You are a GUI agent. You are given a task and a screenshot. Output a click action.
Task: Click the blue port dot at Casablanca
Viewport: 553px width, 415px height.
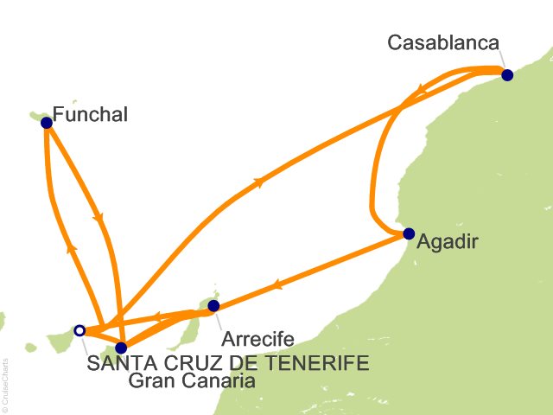tap(507, 75)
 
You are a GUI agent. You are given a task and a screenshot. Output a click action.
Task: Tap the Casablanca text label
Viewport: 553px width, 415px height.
tap(444, 42)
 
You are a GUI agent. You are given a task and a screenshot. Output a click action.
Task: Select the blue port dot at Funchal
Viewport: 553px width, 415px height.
tap(47, 123)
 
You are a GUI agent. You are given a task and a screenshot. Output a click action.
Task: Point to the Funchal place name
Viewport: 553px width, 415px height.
tap(90, 113)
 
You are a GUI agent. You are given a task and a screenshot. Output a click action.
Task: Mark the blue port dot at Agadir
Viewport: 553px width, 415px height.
tap(409, 233)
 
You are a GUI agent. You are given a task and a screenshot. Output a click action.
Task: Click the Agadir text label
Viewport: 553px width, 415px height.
tap(446, 245)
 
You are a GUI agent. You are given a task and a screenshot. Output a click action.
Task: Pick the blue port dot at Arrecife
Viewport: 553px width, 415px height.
tap(214, 305)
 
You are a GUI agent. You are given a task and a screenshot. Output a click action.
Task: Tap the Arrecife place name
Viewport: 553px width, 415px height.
tap(258, 338)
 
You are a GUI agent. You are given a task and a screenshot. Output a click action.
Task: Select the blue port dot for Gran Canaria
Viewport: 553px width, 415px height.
tap(120, 348)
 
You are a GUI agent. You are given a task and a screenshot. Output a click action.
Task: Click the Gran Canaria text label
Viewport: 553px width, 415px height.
tap(191, 380)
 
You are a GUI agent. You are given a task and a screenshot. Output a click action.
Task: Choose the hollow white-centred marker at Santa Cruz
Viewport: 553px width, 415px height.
tap(79, 329)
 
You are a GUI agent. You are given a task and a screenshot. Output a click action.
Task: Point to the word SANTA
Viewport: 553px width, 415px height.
tap(118, 362)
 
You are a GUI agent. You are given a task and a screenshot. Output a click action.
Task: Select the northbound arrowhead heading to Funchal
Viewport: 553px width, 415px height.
tap(70, 247)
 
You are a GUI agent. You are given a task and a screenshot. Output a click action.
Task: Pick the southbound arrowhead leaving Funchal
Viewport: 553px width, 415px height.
tap(100, 218)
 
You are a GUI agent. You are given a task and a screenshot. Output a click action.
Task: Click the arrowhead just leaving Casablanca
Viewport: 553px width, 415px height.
tap(419, 88)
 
